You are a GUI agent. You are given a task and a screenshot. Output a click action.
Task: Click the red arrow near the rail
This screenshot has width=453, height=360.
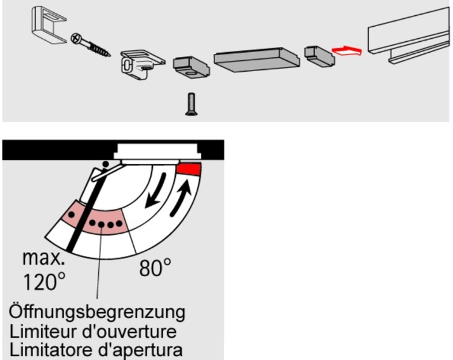(346, 51)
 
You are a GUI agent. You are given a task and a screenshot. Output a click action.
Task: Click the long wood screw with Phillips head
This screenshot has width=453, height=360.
(91, 45)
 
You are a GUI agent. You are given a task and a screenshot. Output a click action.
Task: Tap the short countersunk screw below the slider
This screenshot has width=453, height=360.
(191, 104)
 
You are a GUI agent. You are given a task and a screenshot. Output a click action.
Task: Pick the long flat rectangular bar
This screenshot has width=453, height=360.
(257, 59)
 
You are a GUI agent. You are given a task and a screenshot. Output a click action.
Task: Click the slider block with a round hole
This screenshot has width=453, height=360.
(192, 67)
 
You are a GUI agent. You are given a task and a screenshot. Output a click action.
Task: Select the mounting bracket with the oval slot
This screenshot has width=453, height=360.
(142, 65)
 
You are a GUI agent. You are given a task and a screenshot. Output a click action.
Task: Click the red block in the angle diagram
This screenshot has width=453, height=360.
(189, 169)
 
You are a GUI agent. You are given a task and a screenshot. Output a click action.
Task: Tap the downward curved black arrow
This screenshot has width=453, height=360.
(155, 190)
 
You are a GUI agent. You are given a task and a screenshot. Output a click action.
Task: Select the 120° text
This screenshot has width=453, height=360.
(44, 282)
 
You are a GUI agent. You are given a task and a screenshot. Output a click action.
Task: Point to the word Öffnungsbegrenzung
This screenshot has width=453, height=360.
(97, 312)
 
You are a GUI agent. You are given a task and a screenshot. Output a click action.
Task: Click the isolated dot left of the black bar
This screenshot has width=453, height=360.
(71, 215)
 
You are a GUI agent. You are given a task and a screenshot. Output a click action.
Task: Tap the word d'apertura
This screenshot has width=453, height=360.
(140, 350)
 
